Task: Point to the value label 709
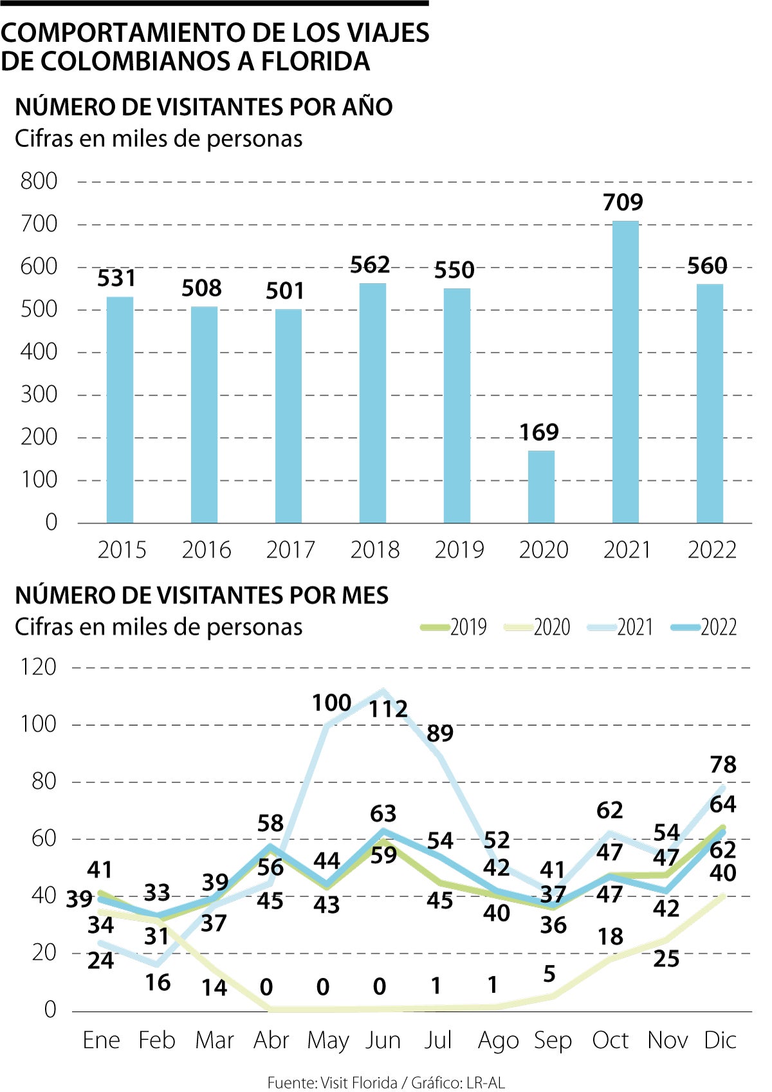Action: point(623,202)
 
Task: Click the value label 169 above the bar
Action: point(539,432)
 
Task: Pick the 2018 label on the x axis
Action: point(374,550)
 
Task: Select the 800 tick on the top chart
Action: point(39,181)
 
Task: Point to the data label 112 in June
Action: point(388,709)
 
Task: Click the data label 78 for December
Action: point(723,764)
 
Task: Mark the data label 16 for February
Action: point(158,983)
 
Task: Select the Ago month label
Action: point(498,1040)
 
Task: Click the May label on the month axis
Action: point(327,1040)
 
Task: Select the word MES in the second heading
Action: point(365,595)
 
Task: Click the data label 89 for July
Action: point(440,733)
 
